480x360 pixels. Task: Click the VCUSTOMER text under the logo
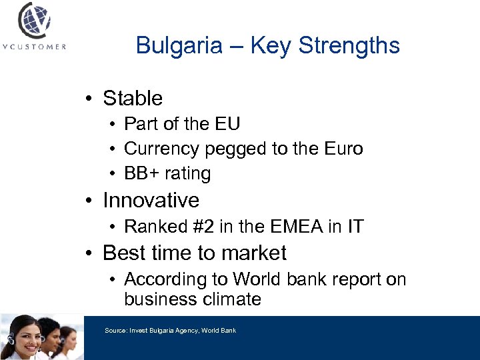coord(33,47)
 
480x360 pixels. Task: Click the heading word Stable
coord(133,99)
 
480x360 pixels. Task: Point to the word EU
coord(228,124)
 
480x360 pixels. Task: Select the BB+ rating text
coord(167,173)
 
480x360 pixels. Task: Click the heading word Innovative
coord(151,200)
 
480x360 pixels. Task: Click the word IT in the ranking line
coord(355,227)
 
